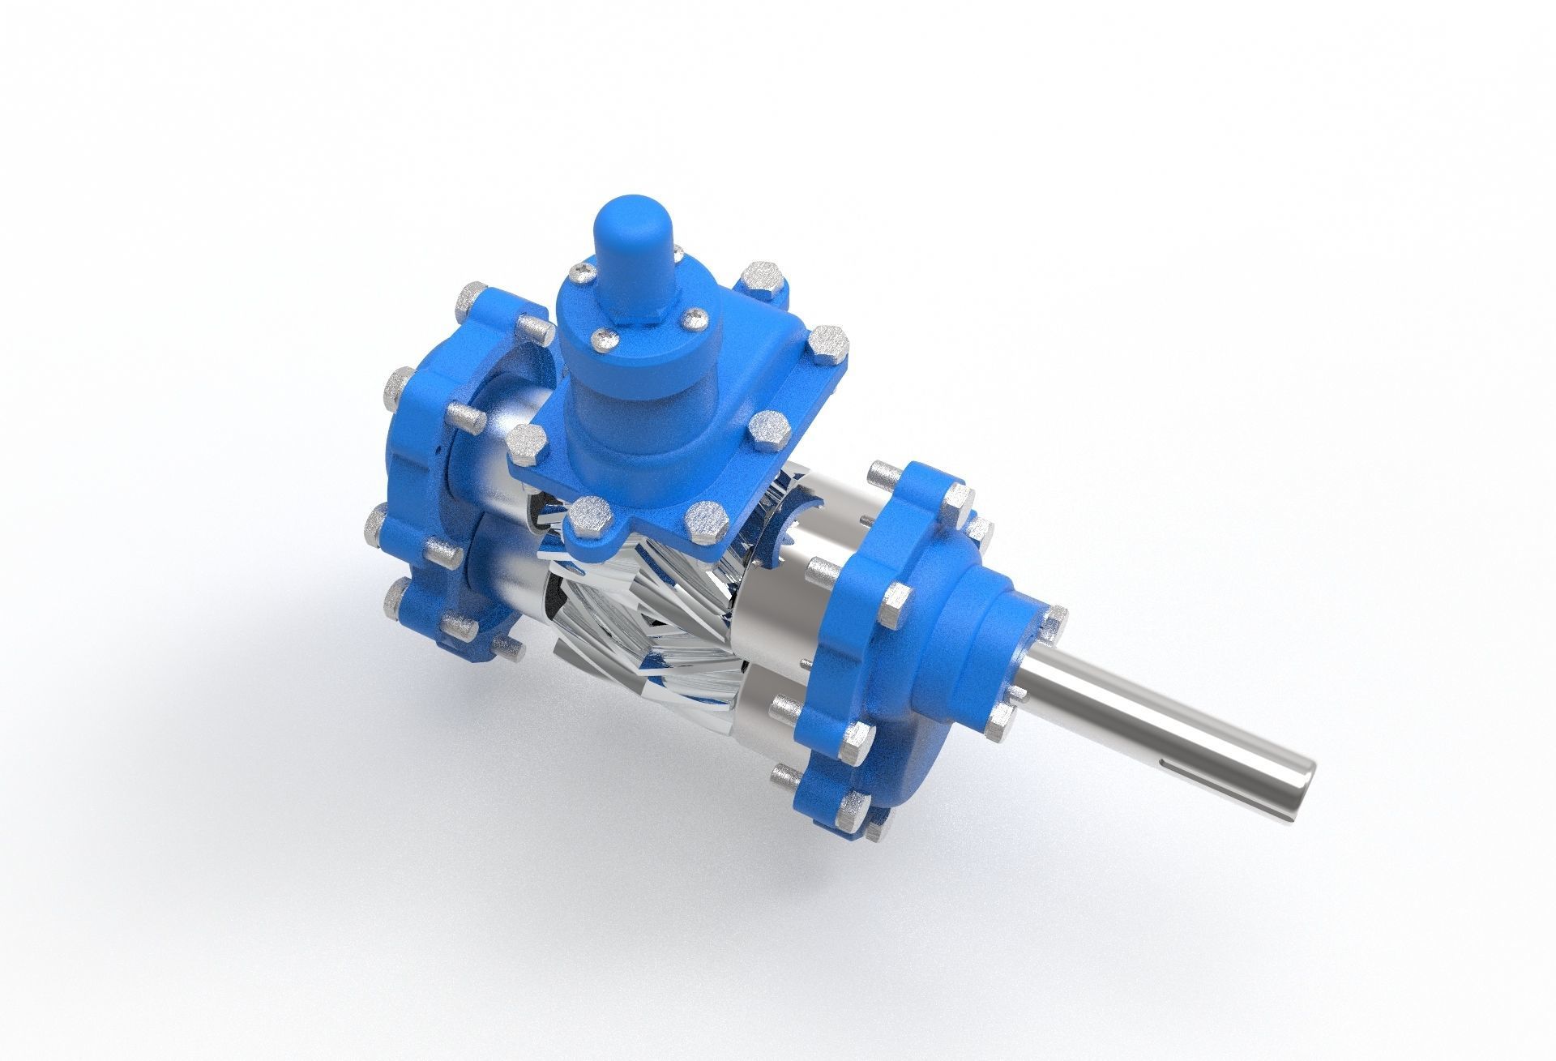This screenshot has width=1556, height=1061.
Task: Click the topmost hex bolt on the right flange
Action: [883, 478]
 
